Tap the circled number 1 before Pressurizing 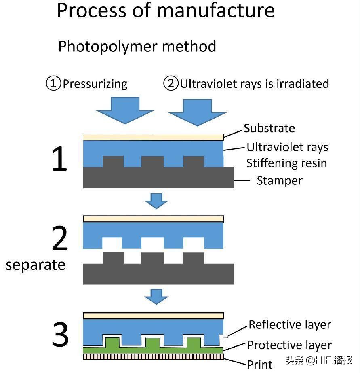click(53, 84)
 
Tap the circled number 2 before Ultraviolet click(171, 84)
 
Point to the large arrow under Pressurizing click(125, 109)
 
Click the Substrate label click(269, 129)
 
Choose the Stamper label click(280, 180)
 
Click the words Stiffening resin click(286, 163)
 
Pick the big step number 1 click(59, 160)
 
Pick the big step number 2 click(60, 239)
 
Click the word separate click(36, 265)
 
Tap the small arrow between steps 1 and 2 click(156, 200)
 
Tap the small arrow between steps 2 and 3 click(156, 296)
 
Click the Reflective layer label click(290, 325)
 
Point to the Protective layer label click(289, 345)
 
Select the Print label click(260, 365)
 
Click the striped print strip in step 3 click(154, 356)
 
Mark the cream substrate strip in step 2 click(154, 219)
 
